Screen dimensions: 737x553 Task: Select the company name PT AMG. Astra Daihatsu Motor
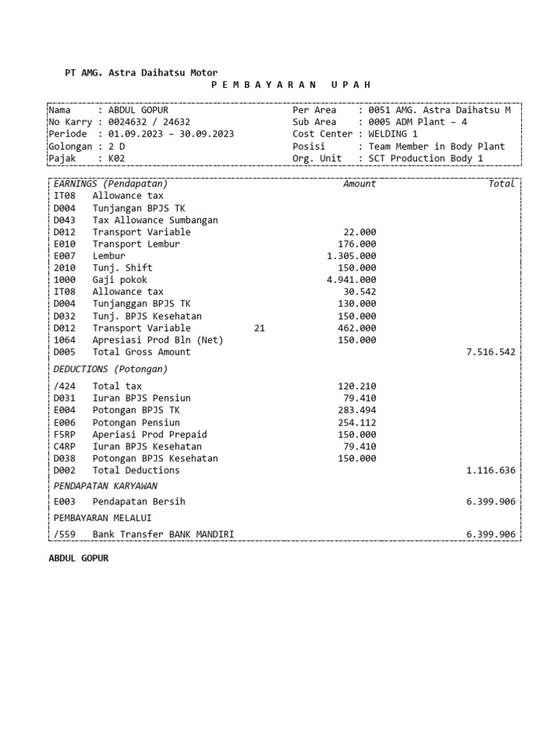(141, 73)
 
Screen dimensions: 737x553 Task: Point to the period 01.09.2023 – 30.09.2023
(171, 134)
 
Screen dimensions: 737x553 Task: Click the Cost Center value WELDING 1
(393, 134)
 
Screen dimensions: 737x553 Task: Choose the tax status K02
(117, 158)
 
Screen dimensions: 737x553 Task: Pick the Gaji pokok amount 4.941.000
(351, 280)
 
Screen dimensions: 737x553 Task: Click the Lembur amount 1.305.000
(351, 256)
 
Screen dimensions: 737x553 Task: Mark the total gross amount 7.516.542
(491, 352)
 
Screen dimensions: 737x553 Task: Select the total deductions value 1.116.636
(491, 471)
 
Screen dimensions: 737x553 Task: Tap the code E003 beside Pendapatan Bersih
(64, 502)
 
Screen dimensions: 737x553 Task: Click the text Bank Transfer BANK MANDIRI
(163, 534)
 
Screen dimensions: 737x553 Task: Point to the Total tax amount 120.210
(357, 386)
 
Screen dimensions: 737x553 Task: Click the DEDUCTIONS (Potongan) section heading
(110, 369)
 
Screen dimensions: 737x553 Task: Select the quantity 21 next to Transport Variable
(260, 328)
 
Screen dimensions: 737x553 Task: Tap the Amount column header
(359, 184)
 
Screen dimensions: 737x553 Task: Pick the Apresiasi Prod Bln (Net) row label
(158, 340)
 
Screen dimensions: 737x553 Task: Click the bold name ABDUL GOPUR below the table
(78, 558)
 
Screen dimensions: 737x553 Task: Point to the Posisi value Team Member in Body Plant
(436, 146)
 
